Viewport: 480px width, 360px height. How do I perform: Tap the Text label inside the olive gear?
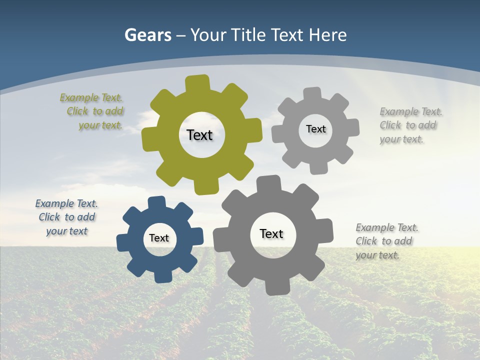tap(199, 135)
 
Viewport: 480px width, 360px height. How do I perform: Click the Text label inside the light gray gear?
tap(315, 129)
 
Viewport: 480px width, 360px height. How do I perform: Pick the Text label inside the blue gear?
tap(159, 238)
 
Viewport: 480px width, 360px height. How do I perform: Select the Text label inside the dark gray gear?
tap(271, 233)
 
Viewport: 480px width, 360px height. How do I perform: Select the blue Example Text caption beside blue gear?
tap(66, 217)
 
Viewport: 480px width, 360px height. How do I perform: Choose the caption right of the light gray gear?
tap(410, 125)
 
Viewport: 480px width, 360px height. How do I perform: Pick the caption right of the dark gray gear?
tap(386, 241)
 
